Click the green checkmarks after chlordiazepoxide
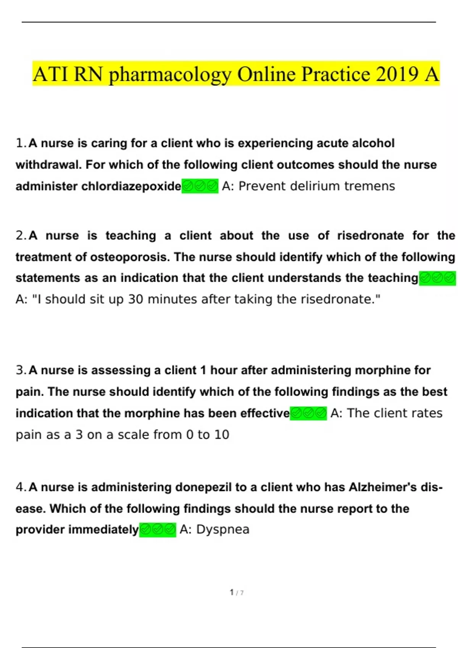[x=200, y=186]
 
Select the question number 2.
[x=21, y=236]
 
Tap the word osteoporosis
[x=130, y=257]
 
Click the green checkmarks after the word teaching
[x=437, y=278]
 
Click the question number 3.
[x=21, y=370]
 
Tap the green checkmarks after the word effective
[x=308, y=413]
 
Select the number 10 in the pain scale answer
[x=221, y=435]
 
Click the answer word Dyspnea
[x=223, y=529]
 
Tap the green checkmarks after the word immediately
[x=158, y=530]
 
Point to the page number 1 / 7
[x=237, y=593]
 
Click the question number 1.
[x=21, y=143]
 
